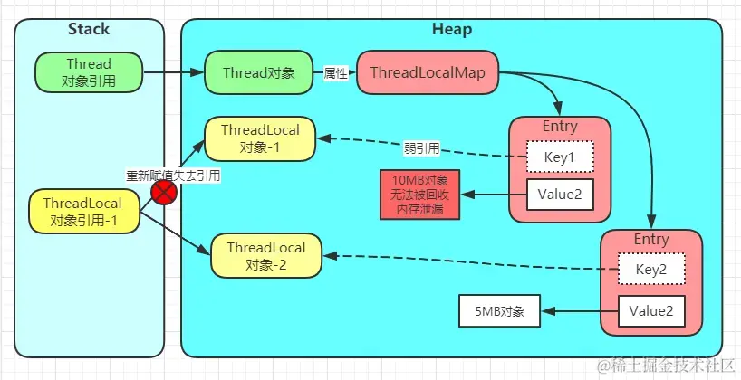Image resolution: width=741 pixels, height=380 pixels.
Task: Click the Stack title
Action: (89, 29)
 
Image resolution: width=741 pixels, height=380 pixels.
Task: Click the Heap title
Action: (452, 29)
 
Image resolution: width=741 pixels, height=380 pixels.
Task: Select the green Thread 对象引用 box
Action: (89, 72)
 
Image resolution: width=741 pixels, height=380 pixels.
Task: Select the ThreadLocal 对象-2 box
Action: (266, 255)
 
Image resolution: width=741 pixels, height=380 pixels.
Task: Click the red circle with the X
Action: (164, 192)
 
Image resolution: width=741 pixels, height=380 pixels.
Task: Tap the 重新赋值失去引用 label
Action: (172, 176)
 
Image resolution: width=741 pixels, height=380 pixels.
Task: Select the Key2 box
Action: (651, 268)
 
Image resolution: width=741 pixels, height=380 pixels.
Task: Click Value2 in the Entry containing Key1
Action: (560, 194)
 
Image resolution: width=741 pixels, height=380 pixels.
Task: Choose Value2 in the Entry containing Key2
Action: (651, 310)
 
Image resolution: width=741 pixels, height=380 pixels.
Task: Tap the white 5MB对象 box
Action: (497, 310)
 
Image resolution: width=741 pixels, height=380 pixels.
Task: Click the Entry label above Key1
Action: (559, 127)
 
